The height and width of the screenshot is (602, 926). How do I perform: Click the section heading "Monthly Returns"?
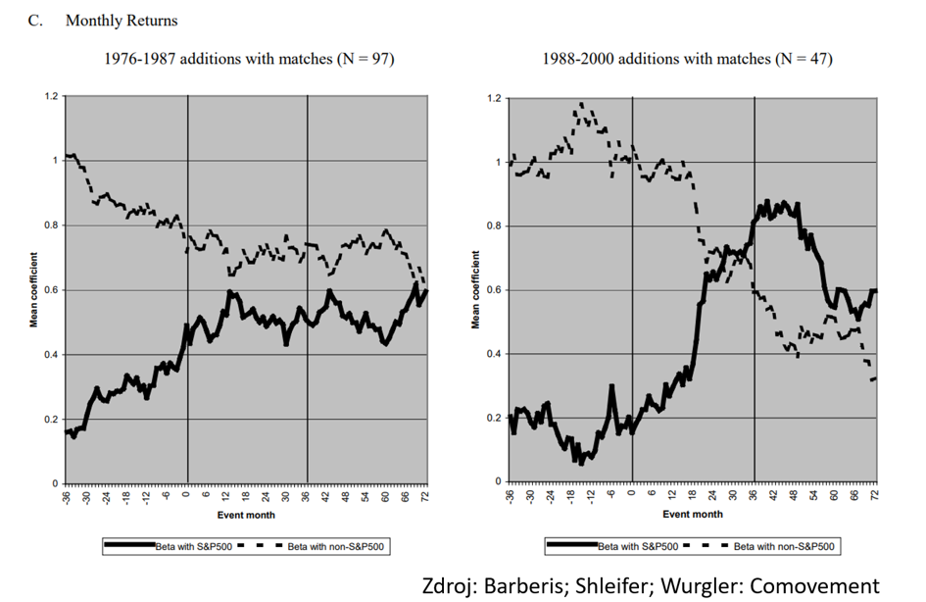(x=122, y=21)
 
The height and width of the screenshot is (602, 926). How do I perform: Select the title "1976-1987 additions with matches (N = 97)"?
(x=249, y=59)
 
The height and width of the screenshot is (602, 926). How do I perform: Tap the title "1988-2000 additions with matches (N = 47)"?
(x=688, y=59)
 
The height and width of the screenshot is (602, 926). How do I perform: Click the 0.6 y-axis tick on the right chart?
(x=494, y=290)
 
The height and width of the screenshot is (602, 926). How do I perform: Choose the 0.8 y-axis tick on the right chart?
(x=494, y=226)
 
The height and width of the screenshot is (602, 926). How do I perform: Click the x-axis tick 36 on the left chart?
(x=306, y=497)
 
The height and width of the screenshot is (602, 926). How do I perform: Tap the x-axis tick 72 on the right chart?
(x=875, y=495)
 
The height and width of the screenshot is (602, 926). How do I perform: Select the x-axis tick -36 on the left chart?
(x=67, y=497)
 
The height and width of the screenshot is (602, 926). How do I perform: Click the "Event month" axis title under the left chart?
(x=246, y=515)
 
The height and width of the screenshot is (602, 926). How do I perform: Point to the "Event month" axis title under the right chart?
(x=693, y=515)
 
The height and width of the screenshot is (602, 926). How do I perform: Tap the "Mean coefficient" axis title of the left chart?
(x=33, y=290)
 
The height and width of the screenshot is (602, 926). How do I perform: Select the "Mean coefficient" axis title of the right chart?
(x=475, y=290)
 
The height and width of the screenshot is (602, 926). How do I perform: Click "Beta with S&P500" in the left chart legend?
(x=194, y=547)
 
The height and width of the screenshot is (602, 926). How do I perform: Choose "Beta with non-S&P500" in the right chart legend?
(x=784, y=547)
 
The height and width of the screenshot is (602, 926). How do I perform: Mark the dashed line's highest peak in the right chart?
(x=582, y=103)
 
